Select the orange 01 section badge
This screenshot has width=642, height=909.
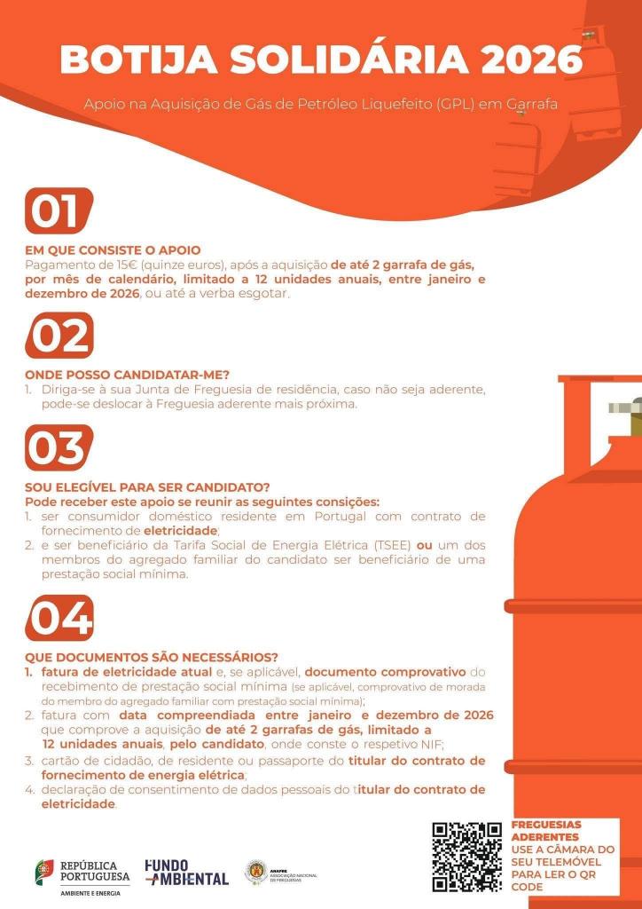pyautogui.click(x=59, y=211)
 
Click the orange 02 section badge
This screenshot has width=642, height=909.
pyautogui.click(x=59, y=336)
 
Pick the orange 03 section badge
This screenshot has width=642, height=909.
pyautogui.click(x=59, y=447)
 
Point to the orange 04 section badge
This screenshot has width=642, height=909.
pyautogui.click(x=59, y=617)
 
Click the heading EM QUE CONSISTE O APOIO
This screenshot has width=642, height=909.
pyautogui.click(x=113, y=250)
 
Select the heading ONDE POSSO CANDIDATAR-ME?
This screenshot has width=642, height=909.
pyautogui.click(x=127, y=375)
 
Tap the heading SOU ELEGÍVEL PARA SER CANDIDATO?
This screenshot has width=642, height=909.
pyautogui.click(x=147, y=487)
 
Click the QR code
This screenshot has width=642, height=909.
pyautogui.click(x=466, y=857)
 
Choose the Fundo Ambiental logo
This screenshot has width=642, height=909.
pyautogui.click(x=186, y=872)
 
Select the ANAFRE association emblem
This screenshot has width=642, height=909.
pyautogui.click(x=255, y=871)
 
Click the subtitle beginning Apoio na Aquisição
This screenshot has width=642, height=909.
pyautogui.click(x=320, y=104)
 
